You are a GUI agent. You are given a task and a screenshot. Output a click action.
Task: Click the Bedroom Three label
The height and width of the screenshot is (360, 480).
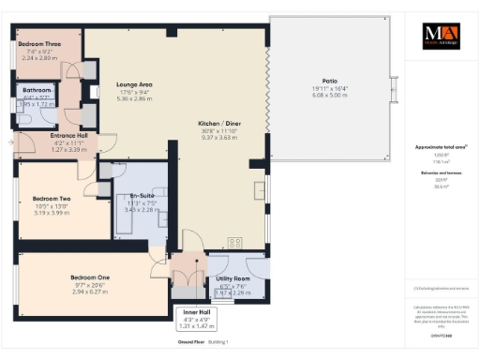pyautogui.click(x=39, y=43)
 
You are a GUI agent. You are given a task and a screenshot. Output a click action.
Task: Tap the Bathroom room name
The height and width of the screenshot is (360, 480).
pyautogui.click(x=37, y=90)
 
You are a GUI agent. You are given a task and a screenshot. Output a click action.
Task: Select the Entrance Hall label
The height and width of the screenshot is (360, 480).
pyautogui.click(x=68, y=135)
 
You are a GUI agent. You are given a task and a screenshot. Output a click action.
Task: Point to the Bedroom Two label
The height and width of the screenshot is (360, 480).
pyautogui.click(x=52, y=198)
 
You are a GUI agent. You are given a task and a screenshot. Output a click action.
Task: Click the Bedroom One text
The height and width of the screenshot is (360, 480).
pyautogui.click(x=91, y=277)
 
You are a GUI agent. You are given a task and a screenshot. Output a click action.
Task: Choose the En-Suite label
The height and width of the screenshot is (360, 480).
pyautogui.click(x=141, y=197)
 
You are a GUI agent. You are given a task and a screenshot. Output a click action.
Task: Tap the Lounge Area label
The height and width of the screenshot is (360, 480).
pyautogui.click(x=133, y=84)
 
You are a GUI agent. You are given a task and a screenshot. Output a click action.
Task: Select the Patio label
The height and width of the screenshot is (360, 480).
pyautogui.click(x=329, y=82)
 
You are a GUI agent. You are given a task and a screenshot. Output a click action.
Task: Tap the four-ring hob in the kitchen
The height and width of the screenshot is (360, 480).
pyautogui.click(x=234, y=243)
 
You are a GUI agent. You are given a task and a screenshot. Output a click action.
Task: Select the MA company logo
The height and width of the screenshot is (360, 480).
pyautogui.click(x=439, y=37)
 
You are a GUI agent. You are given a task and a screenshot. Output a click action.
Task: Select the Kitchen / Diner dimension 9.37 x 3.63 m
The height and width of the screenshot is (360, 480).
pyautogui.click(x=219, y=136)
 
